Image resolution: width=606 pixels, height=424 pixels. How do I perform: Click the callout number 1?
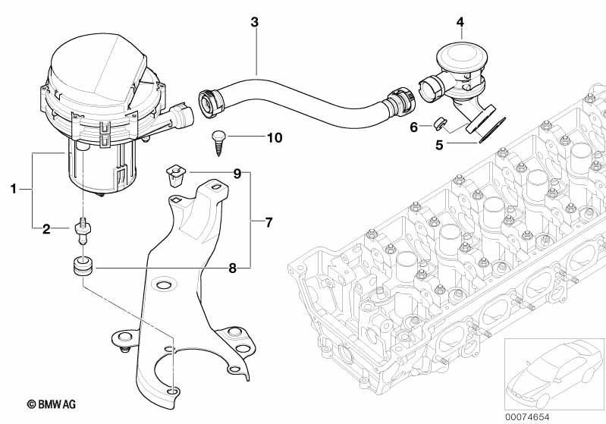(14, 189)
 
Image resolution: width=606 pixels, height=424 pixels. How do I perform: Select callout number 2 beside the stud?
(46, 229)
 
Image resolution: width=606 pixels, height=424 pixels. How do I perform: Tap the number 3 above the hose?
(254, 22)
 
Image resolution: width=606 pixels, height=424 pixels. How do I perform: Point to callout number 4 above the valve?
(460, 22)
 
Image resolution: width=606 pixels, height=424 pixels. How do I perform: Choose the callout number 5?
(439, 146)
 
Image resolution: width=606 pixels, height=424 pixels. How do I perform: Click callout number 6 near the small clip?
(413, 127)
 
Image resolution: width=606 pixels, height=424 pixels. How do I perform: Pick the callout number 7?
(269, 222)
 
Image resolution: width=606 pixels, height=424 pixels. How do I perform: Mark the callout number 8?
(232, 268)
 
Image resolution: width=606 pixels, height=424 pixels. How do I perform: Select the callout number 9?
(237, 174)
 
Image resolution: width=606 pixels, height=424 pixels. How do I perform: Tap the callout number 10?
(275, 137)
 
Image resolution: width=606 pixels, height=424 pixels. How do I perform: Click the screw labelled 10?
(218, 143)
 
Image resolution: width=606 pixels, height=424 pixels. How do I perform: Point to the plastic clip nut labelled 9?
(176, 175)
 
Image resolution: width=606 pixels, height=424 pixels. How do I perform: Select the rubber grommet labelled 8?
(83, 265)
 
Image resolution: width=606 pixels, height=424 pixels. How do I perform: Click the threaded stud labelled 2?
(83, 231)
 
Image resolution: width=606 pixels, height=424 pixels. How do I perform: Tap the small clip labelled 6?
(439, 124)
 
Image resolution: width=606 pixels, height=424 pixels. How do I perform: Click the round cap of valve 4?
(460, 56)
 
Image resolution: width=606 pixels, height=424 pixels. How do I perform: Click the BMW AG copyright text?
(52, 404)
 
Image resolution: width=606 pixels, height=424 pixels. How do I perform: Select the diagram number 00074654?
(527, 417)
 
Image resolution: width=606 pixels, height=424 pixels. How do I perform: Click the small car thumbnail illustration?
(554, 373)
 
